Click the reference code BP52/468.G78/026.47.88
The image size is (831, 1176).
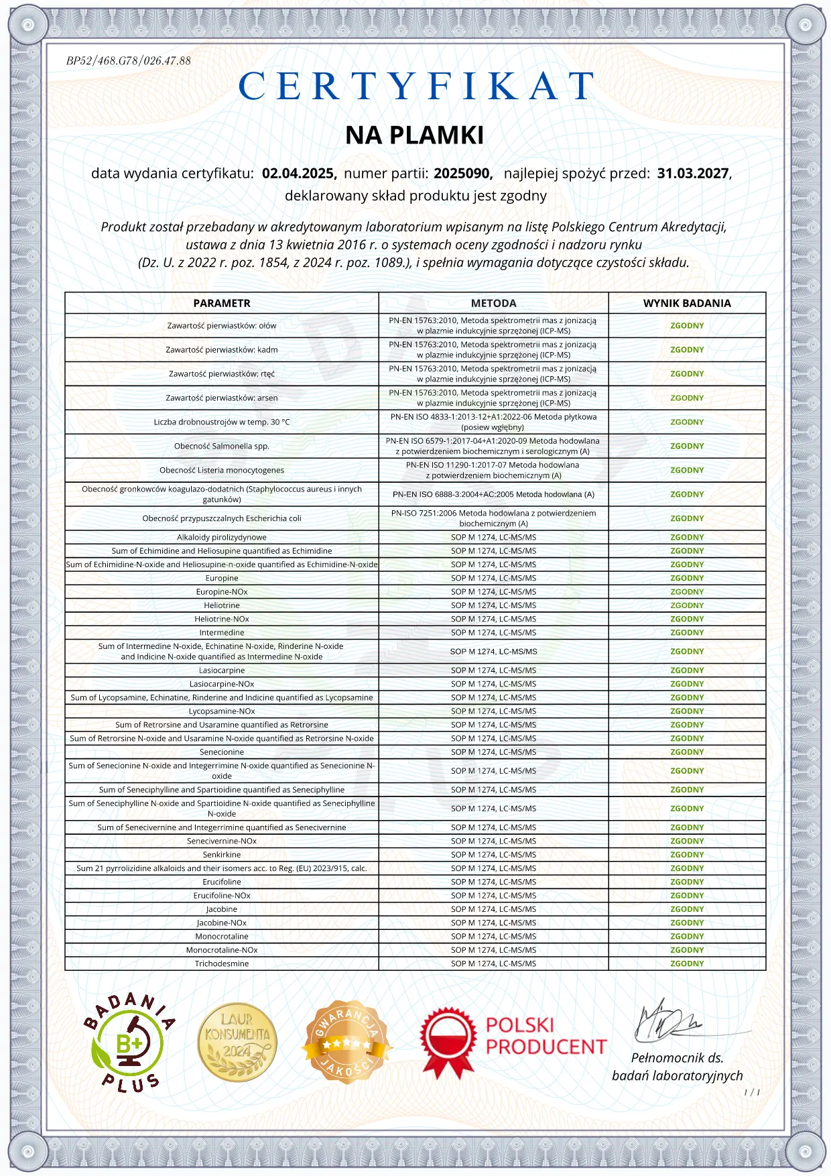coord(129,61)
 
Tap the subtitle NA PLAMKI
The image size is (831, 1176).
coord(414,135)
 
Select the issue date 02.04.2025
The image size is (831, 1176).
coord(299,174)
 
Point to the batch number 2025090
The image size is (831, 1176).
coord(462,174)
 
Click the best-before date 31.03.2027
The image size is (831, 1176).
coord(693,174)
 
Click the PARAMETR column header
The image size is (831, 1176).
coord(222,303)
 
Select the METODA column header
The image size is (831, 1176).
coord(493,303)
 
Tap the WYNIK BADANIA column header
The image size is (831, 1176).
coord(687,303)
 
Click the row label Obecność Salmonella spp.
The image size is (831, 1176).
coord(222,446)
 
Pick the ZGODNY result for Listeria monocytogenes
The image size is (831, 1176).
coord(687,470)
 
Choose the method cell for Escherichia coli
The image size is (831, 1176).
coord(493,518)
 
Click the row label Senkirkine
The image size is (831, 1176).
coord(222,855)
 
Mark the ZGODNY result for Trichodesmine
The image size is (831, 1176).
coord(687,963)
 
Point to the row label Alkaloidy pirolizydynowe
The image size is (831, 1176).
coord(222,537)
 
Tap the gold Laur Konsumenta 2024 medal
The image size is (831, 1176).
coord(237,1043)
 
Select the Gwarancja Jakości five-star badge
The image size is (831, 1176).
coord(346,1043)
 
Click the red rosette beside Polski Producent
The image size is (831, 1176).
coord(448,1043)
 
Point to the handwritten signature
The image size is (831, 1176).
coord(667,1022)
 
